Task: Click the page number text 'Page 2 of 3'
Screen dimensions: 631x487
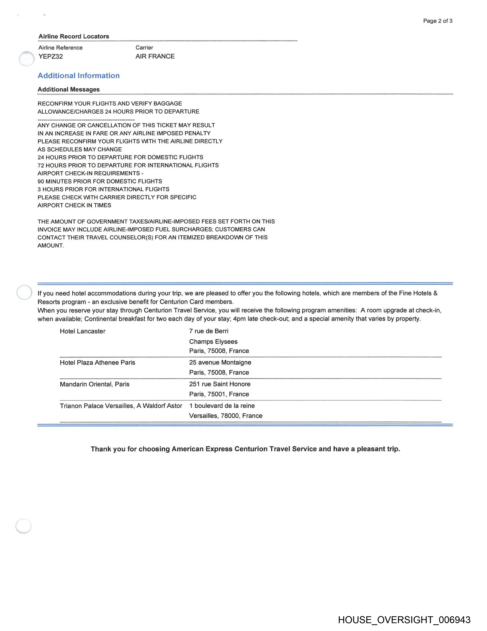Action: [x=437, y=21]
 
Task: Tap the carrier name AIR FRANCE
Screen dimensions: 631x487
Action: [x=155, y=56]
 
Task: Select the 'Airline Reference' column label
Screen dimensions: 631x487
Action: [x=60, y=48]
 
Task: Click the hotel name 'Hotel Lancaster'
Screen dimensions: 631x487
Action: [x=83, y=331]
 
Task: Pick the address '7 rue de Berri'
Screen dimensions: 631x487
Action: [x=209, y=331]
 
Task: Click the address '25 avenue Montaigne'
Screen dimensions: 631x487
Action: [x=220, y=363]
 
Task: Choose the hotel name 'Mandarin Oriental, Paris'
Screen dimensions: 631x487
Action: [x=94, y=384]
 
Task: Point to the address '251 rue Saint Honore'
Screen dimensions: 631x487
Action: [x=220, y=384]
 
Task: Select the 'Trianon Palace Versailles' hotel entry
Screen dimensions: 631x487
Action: [x=121, y=406]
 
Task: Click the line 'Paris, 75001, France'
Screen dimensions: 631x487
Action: [x=219, y=394]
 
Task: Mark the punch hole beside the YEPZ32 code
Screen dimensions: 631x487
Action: [x=27, y=59]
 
